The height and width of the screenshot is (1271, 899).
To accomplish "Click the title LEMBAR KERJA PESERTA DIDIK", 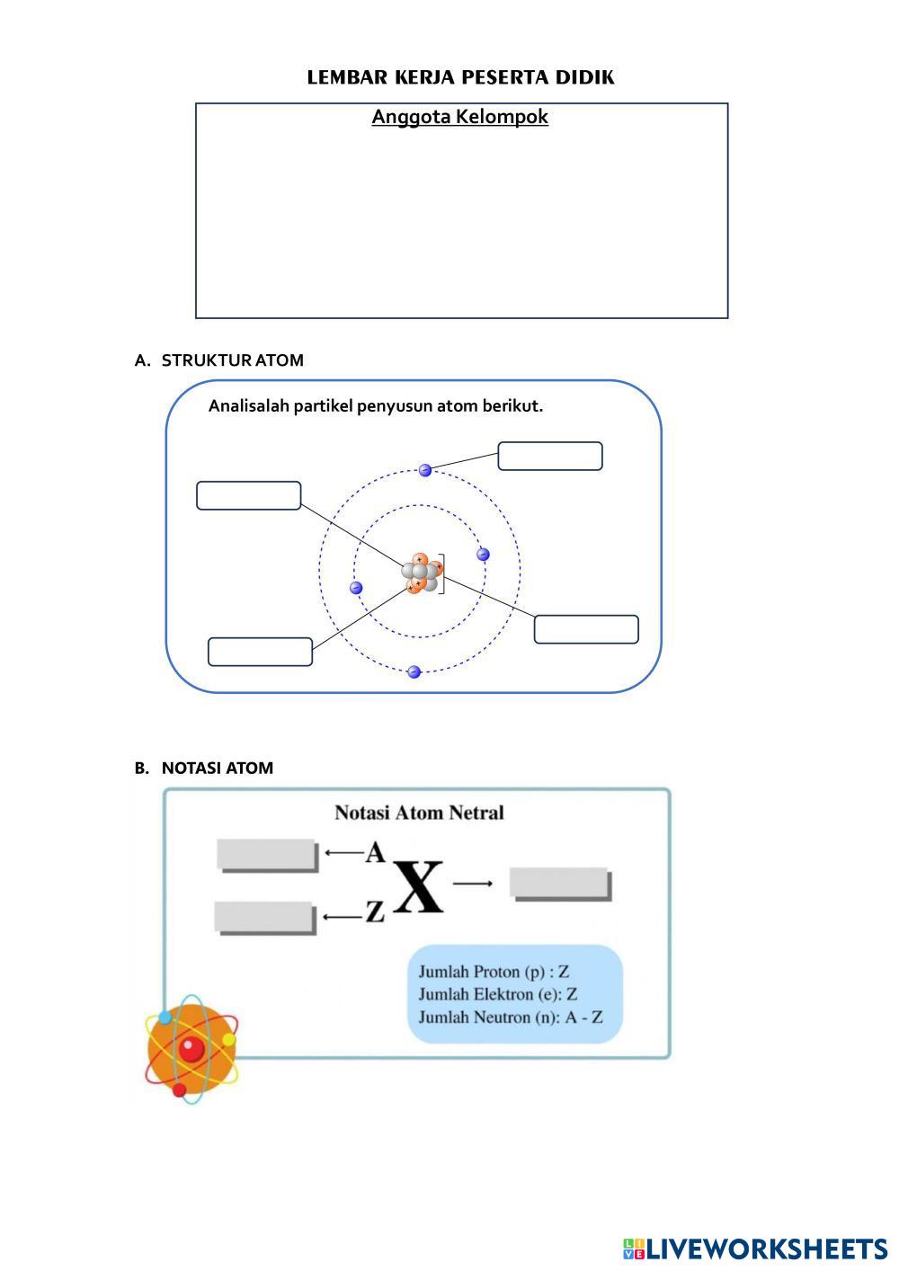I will click(460, 77).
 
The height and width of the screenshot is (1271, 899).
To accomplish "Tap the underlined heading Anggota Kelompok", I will click(459, 117).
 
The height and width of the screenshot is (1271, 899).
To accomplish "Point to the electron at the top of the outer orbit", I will click(425, 470).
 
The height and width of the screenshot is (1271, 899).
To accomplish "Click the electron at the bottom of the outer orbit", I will click(414, 672).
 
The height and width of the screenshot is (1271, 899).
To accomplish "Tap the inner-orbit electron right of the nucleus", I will click(483, 555).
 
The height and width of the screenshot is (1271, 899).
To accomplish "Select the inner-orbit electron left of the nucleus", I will click(356, 588).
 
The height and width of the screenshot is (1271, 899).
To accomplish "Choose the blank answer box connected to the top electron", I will click(549, 456).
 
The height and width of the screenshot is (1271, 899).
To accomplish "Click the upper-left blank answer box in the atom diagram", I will click(248, 495).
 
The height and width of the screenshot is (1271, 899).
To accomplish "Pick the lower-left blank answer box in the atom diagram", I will click(260, 652).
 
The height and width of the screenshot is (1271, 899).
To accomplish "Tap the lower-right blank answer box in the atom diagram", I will click(586, 629).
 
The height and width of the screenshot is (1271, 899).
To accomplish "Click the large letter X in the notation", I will click(418, 888).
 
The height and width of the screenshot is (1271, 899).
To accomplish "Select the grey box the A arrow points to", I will click(267, 854).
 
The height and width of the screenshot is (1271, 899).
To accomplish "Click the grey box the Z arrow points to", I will click(265, 917).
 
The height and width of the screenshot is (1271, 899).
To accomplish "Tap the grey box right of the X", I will click(559, 883).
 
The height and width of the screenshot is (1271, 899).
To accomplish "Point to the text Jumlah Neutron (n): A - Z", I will click(510, 1018).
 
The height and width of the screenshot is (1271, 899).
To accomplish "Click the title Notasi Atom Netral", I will click(419, 813).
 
